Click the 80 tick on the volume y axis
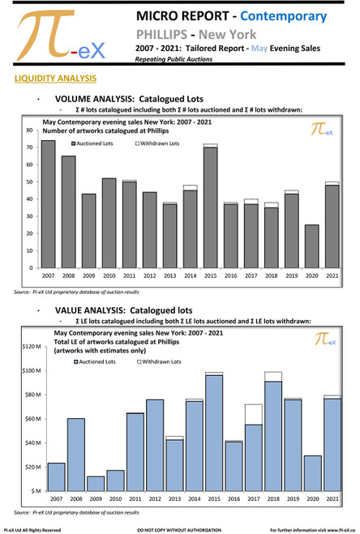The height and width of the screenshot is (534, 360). coord(30,130)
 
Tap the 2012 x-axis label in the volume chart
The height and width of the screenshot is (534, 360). coord(149,276)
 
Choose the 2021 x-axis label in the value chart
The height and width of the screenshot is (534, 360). coord(332,499)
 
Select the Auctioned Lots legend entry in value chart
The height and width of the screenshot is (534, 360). coord(96,361)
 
